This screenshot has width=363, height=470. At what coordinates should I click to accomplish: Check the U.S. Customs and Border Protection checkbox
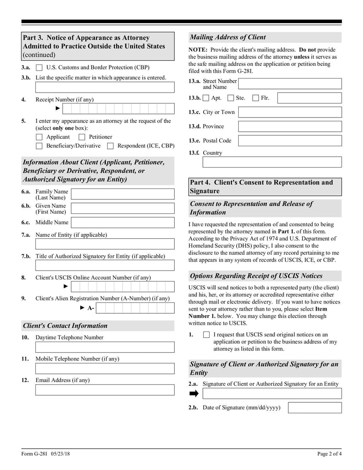click(39, 68)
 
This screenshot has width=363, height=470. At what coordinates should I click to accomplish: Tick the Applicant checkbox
click(39, 137)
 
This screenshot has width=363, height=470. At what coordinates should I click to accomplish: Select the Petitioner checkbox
click(82, 137)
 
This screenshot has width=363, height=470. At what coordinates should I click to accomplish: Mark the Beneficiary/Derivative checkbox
click(39, 146)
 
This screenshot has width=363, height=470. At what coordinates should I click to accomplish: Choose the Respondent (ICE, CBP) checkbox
click(110, 146)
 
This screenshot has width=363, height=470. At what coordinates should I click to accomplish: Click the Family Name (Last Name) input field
click(123, 194)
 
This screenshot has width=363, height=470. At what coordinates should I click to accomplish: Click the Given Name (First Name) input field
click(123, 208)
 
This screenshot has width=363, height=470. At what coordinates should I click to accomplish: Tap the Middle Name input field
click(123, 223)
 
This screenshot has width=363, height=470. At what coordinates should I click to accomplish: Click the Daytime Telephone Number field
click(104, 347)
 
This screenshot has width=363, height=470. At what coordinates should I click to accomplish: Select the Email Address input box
click(104, 390)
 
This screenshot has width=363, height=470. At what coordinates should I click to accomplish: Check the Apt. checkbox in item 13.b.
click(206, 98)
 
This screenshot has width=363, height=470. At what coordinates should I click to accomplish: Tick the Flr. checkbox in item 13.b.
click(255, 98)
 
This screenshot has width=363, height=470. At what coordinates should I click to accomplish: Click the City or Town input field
click(289, 112)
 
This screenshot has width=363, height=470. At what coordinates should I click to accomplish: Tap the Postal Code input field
click(289, 140)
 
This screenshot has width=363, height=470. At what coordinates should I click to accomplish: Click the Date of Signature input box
click(314, 408)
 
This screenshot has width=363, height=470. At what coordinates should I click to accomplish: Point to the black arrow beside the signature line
click(194, 393)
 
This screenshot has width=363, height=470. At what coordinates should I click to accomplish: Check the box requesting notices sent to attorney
click(206, 335)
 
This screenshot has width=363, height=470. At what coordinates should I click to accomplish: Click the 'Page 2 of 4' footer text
click(329, 454)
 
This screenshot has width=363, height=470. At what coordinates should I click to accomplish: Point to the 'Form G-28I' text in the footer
click(34, 454)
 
